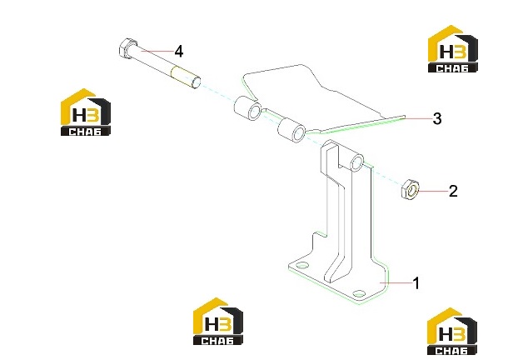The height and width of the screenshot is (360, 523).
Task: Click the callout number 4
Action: pos(179,52)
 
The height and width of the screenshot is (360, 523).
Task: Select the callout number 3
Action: pos(437,118)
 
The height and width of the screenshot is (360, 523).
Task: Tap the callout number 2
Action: pos(453,191)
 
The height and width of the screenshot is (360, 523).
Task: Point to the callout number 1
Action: pos(416,283)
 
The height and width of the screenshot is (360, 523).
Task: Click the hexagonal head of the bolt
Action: pos(127,48)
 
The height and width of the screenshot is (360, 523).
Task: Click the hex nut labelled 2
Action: pos(410,190)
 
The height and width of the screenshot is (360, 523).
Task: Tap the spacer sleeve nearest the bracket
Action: pos(291,129)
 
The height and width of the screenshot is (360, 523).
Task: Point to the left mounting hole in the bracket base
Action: pos(302,265)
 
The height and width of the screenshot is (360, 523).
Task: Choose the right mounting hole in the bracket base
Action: pos(359,294)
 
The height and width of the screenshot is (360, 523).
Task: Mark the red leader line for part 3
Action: pos(417,118)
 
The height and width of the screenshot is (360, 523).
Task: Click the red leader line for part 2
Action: pos(432,191)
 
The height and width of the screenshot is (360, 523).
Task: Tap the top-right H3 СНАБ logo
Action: pos(452,48)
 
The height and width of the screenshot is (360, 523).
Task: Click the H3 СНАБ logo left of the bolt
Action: pos(86,112)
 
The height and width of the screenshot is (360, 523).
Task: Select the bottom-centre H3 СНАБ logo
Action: pos(218,321)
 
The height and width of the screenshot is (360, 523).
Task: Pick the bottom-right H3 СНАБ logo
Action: pos(452,331)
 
